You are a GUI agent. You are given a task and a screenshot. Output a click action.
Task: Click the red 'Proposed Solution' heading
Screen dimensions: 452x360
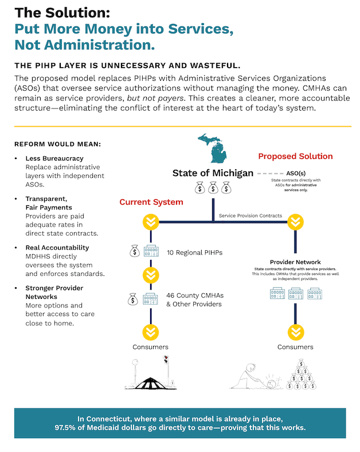coord(295,156)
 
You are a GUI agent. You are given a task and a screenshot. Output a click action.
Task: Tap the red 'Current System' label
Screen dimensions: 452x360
coord(151,202)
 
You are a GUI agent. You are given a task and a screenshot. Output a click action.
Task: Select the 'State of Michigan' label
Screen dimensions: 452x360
coord(213,173)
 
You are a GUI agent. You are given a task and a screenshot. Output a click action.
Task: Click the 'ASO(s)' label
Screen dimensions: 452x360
coord(296,173)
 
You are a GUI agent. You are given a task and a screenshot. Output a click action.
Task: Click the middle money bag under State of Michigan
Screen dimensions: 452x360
coord(213,188)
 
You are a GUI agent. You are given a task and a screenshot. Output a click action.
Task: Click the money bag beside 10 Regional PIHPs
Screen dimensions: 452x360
coord(134,251)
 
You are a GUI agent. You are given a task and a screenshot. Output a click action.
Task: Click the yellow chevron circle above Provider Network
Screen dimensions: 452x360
coord(295,221)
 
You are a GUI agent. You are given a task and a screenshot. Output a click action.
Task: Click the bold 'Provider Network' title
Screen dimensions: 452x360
coord(295,262)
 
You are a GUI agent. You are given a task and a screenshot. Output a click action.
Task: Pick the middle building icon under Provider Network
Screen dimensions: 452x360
coord(295,294)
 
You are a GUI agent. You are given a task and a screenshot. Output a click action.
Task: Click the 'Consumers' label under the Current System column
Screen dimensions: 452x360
coord(151,347)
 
